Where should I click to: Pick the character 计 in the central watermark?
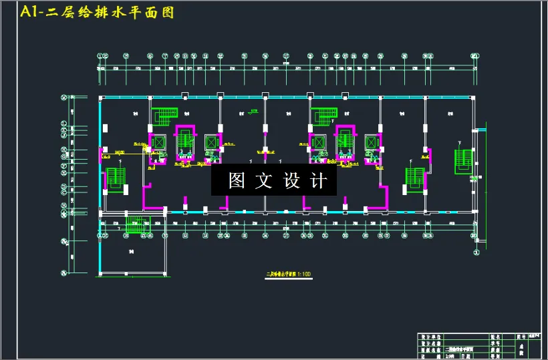319,180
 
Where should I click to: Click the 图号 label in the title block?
521,337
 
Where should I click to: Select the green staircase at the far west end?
116,180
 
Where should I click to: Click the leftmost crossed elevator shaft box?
158,142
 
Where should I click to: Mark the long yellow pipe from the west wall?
127,154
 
